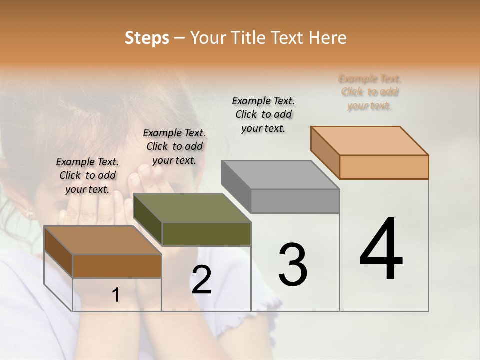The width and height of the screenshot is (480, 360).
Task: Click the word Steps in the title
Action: click(147, 38)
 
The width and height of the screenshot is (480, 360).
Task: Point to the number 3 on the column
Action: click(293, 265)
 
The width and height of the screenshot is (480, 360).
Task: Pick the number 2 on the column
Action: click(201, 280)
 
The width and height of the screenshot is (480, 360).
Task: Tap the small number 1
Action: click(116, 295)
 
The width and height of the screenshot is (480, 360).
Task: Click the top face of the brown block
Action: click(103, 240)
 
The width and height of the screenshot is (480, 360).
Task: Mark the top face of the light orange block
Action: click(369, 141)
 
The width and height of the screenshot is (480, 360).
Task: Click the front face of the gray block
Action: click(295, 201)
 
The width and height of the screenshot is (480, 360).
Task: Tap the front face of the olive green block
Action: click(206, 234)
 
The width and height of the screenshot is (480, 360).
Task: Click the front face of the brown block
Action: click(117, 266)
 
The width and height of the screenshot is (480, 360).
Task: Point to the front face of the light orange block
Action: click(384, 167)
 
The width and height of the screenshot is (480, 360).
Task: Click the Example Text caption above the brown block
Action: click(87, 175)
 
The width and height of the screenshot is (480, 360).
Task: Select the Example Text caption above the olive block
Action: click(174, 146)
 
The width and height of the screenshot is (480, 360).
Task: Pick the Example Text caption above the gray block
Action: click(263, 114)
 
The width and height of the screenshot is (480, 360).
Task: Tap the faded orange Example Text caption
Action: click(370, 92)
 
